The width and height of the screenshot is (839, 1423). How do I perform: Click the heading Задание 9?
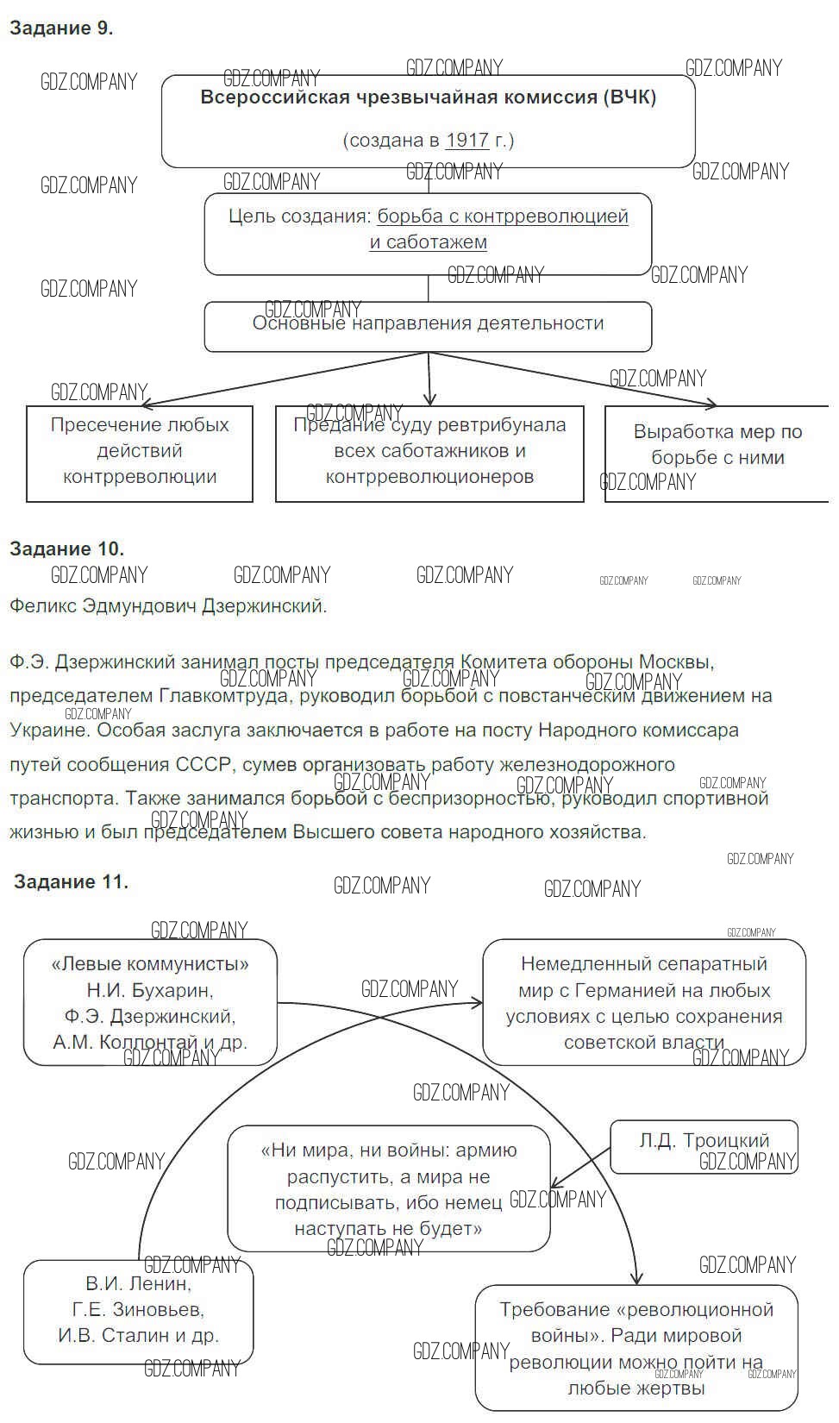click(61, 28)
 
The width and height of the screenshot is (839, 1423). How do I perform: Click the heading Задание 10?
click(66, 549)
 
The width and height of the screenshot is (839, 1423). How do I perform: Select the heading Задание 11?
click(72, 881)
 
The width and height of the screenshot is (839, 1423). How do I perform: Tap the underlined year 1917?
click(466, 141)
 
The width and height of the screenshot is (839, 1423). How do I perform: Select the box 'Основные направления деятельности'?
click(428, 326)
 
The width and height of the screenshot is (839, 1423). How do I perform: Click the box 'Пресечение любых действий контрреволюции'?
click(140, 453)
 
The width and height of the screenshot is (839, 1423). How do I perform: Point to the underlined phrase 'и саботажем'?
click(429, 242)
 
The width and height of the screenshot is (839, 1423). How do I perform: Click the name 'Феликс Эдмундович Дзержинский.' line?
click(168, 605)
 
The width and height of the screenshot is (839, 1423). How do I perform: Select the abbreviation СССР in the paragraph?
click(203, 764)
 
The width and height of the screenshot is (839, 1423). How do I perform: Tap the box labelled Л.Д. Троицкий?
click(704, 1145)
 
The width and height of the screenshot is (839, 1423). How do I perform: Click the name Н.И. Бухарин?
click(149, 990)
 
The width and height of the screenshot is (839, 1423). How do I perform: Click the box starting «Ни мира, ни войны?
click(389, 1188)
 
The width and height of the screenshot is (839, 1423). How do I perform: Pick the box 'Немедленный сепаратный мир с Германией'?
click(643, 1002)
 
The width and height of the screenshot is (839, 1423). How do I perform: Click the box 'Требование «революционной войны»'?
click(636, 1347)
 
